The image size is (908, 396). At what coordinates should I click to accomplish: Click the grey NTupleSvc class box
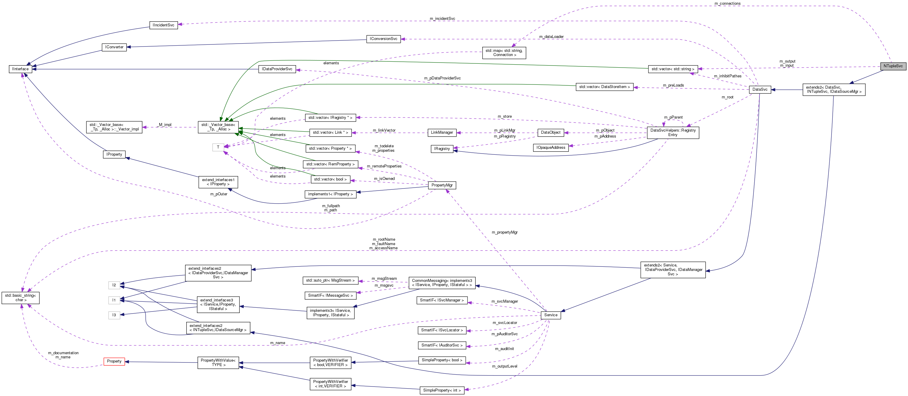point(893,66)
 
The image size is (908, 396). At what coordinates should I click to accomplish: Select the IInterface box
point(20,69)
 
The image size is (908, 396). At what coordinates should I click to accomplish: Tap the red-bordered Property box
point(114,362)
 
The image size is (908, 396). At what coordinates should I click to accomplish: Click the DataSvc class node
point(760,90)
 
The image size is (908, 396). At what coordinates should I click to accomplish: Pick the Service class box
point(551,315)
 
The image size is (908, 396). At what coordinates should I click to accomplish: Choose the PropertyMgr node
point(442,185)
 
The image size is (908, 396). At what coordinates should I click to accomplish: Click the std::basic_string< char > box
point(20,298)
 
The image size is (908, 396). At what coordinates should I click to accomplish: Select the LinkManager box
point(442,132)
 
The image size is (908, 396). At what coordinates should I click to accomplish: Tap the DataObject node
point(551,132)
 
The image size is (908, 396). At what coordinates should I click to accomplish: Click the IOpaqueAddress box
point(551,148)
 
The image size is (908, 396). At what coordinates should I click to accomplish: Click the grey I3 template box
point(114,315)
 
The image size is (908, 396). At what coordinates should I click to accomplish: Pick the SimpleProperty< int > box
point(442,390)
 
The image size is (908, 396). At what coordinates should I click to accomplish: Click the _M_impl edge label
point(165,125)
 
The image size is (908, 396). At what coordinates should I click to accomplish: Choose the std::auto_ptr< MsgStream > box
point(330,280)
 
